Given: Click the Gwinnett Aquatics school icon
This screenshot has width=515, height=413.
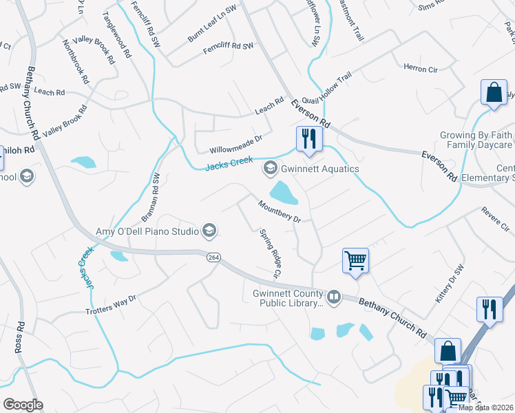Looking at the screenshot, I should click(x=271, y=168).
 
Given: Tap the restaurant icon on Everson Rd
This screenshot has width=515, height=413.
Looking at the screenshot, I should click(x=308, y=138).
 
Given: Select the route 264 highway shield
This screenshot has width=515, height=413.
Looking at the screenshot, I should click(x=213, y=257).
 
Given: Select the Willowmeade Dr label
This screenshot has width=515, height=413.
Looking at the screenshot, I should click(x=236, y=143).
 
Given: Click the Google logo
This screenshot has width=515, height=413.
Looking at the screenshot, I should click(x=23, y=405).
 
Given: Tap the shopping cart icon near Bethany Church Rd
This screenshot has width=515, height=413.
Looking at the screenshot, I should click(x=355, y=261).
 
